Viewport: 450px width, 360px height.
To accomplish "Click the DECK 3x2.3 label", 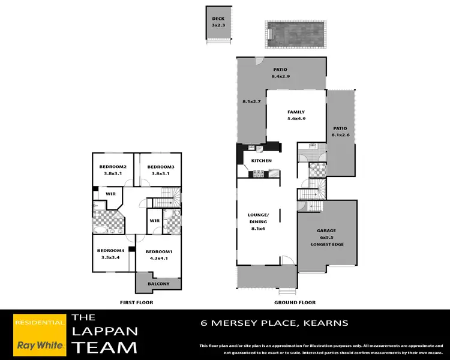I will tap(218, 22).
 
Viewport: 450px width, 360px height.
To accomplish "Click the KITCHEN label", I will tap(261, 161).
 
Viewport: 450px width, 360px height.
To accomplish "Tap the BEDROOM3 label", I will tap(160, 167).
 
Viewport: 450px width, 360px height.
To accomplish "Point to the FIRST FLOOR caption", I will tap(137, 302).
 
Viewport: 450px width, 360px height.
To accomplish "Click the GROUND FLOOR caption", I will tap(295, 302).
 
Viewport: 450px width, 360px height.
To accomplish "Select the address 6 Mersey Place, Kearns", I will tap(274, 323).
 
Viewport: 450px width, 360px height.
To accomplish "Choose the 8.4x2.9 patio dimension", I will tap(281, 77).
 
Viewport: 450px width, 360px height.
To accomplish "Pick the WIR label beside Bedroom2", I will tap(111, 194).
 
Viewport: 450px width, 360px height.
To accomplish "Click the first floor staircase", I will tap(169, 197).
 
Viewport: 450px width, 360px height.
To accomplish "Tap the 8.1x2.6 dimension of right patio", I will tap(340, 134).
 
